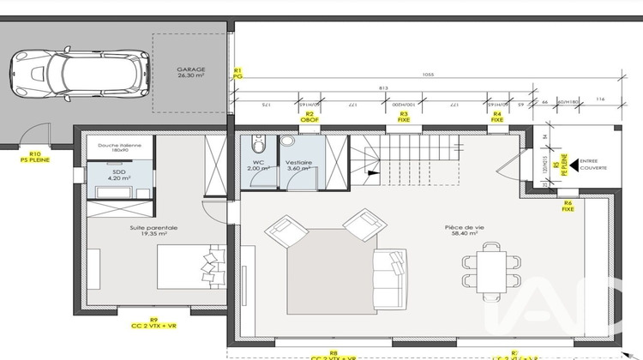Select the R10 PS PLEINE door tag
[x=35, y=158]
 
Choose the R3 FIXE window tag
[x=404, y=117]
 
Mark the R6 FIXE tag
[x=568, y=206]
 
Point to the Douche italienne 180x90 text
[x=119, y=148]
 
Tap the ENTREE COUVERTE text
[x=592, y=164]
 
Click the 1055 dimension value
[x=427, y=75]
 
